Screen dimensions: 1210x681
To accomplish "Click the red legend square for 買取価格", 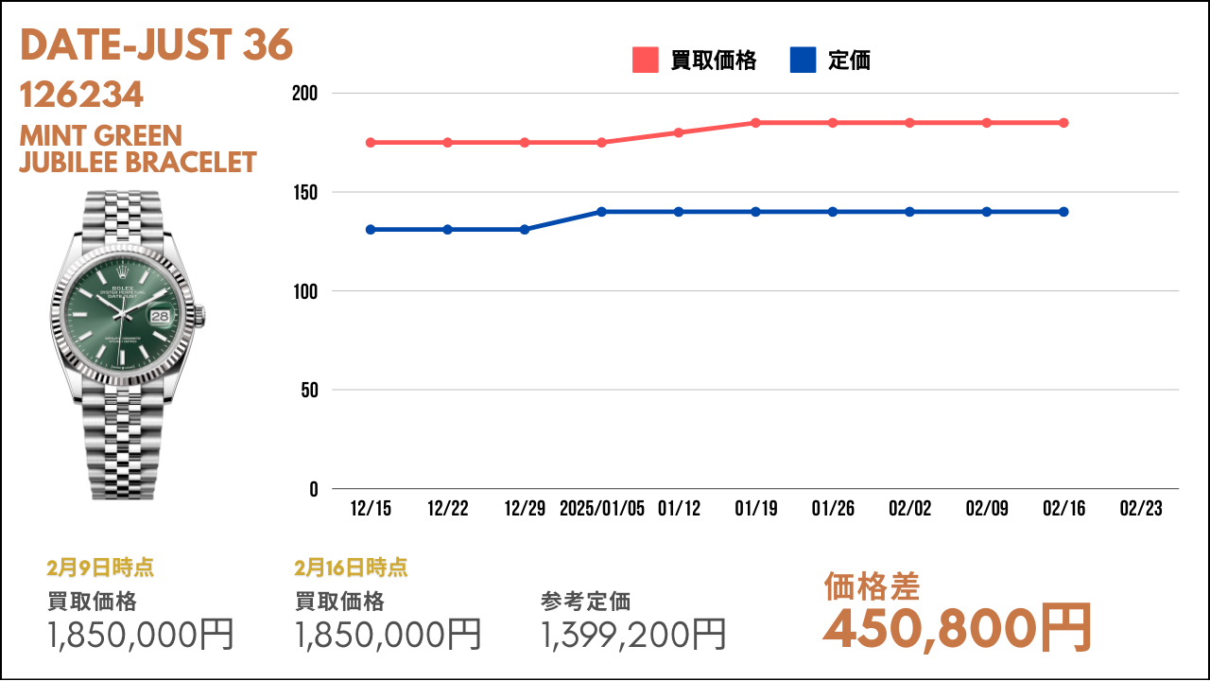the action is [645, 60].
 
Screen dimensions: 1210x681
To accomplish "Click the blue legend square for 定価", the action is [803, 60].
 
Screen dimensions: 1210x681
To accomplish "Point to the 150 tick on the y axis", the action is [305, 192].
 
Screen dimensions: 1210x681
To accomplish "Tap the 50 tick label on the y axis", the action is [309, 391].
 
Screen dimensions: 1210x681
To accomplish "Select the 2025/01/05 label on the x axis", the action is [602, 508].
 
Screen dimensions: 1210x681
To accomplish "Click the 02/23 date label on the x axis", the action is [1141, 508].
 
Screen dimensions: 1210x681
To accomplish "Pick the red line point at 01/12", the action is [679, 132].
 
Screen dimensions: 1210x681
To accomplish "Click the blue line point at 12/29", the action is [525, 230].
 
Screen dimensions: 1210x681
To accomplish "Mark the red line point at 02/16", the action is [1063, 123].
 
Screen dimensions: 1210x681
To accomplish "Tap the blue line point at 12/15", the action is [371, 230].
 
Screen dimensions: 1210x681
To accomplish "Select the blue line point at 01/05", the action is [601, 212].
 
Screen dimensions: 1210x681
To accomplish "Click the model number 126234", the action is [81, 95].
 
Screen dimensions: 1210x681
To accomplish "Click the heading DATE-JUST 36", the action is [156, 44].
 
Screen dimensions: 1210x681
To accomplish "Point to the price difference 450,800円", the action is [958, 629].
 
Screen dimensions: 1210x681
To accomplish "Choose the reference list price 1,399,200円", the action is [633, 635].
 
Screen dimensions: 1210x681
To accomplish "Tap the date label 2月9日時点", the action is [100, 567].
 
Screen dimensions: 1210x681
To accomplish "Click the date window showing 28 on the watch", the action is [160, 316].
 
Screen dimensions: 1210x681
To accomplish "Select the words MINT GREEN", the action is [101, 135].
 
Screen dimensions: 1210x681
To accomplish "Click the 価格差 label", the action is [872, 586].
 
